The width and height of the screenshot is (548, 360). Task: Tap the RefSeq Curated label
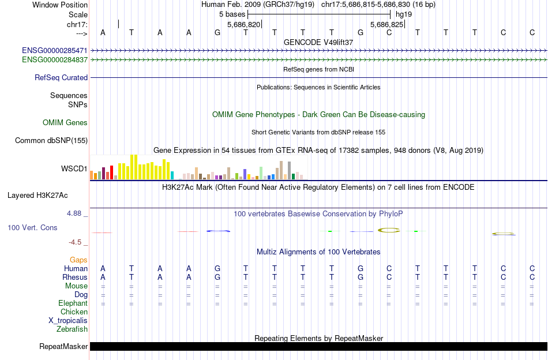coord(61,77)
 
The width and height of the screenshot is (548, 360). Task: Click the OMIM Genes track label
coord(65,122)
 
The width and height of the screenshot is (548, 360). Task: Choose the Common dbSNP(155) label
coord(51,140)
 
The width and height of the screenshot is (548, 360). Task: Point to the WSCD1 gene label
coord(74,169)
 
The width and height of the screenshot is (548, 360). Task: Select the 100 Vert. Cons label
coord(32,228)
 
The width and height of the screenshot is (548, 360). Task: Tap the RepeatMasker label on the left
coord(63,347)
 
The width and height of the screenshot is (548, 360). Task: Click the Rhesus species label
coord(75,277)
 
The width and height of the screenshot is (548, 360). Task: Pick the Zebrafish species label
coord(72,329)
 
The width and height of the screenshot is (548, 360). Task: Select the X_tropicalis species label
coord(68,321)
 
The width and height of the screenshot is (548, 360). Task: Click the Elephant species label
coord(73,303)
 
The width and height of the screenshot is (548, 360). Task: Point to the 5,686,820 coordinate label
coord(244,25)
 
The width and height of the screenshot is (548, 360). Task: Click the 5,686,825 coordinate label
coord(386,25)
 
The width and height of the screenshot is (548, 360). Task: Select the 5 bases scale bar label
coord(232,14)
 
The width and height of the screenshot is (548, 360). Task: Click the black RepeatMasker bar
coord(318,346)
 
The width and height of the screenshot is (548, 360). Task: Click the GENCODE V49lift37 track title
coord(318,42)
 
